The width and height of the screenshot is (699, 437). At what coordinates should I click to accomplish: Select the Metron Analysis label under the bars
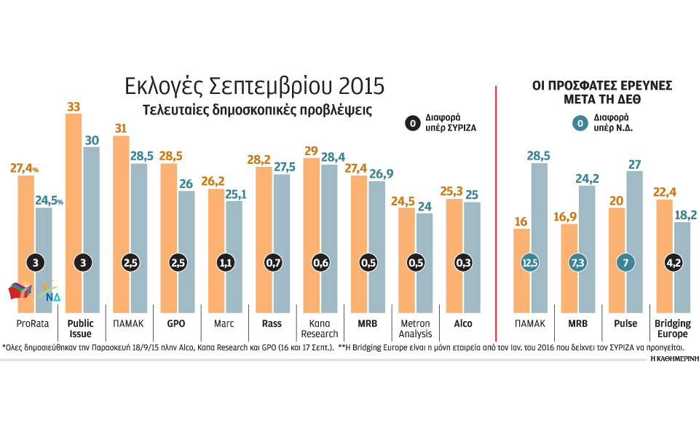coord(415,328)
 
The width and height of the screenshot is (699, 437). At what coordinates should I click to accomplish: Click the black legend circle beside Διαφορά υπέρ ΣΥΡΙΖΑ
coord(412,124)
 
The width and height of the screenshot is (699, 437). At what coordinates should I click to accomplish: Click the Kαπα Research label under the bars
coord(320,328)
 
